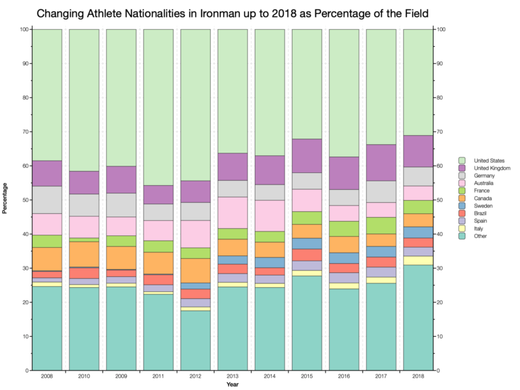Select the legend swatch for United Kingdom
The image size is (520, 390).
(462, 168)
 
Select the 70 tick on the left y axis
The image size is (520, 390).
(24, 132)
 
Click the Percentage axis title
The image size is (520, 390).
(6, 200)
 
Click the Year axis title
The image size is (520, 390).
(232, 385)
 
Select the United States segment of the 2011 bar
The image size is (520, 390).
(158, 107)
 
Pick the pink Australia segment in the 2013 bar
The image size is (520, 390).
(232, 213)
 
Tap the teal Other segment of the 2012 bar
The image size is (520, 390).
(195, 341)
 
